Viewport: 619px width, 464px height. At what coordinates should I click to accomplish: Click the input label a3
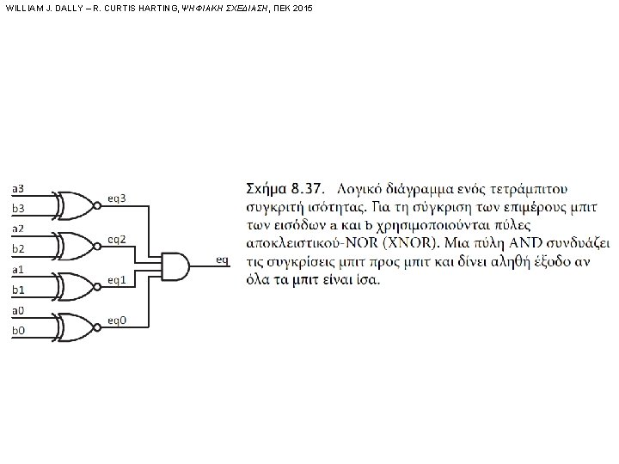pyautogui.click(x=18, y=188)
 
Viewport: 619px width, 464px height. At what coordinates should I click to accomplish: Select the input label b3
pyautogui.click(x=18, y=209)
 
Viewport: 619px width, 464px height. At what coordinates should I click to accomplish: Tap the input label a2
pyautogui.click(x=18, y=229)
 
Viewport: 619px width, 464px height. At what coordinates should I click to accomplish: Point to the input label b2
pyautogui.click(x=18, y=249)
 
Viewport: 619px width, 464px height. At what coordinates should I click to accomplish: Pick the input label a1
pyautogui.click(x=18, y=269)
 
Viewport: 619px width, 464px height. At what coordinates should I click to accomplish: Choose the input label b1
pyautogui.click(x=18, y=290)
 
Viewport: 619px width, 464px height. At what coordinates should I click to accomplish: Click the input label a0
pyautogui.click(x=18, y=309)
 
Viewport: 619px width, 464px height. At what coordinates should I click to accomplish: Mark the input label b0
pyautogui.click(x=18, y=330)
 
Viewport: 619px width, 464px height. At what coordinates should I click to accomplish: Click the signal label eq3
pyautogui.click(x=117, y=198)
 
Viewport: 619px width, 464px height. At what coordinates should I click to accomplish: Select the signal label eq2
pyautogui.click(x=117, y=239)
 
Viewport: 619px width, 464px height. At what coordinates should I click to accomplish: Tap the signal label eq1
pyautogui.click(x=117, y=279)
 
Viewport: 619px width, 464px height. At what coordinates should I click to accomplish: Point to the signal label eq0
pyautogui.click(x=117, y=320)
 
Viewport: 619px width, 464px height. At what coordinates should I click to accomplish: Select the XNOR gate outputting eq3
pyautogui.click(x=75, y=204)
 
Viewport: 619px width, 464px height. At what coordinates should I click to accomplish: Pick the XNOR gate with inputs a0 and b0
pyautogui.click(x=75, y=325)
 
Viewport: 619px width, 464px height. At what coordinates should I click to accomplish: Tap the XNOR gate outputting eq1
pyautogui.click(x=75, y=284)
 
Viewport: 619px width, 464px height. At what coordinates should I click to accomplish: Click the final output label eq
pyautogui.click(x=223, y=259)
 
